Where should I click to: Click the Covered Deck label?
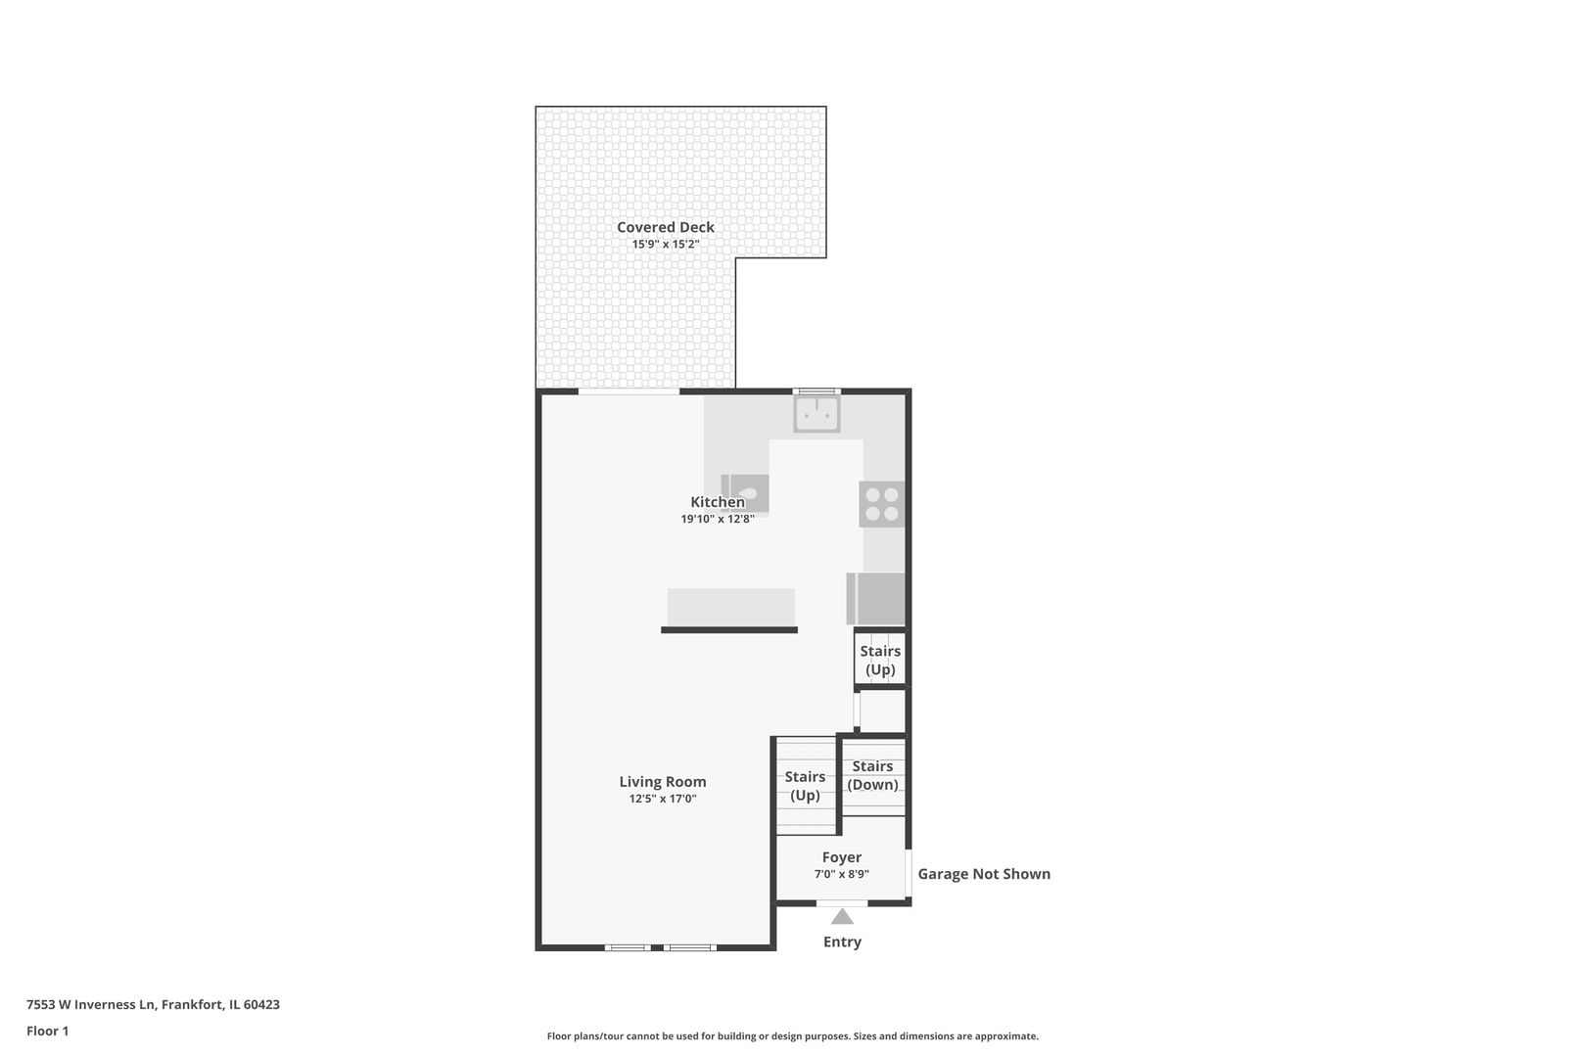[665, 227]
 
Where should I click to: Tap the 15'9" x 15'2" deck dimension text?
[665, 245]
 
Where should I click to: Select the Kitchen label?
[718, 502]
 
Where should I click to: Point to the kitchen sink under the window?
[816, 414]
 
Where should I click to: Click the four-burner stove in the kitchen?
[881, 504]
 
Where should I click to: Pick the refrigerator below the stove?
[876, 599]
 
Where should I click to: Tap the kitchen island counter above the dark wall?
[730, 607]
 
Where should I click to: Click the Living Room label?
[662, 782]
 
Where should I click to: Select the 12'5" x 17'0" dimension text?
[662, 799]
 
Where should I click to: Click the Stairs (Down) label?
[872, 775]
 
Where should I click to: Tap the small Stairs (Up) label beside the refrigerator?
[880, 660]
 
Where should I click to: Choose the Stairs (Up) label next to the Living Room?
[805, 786]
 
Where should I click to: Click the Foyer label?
[841, 857]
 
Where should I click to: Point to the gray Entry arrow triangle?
[842, 917]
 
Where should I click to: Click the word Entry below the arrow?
[842, 942]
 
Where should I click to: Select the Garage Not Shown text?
[983, 874]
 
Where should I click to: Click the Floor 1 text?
[47, 1031]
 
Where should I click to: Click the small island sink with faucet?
[745, 492]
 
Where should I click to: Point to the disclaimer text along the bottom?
[792, 1035]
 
